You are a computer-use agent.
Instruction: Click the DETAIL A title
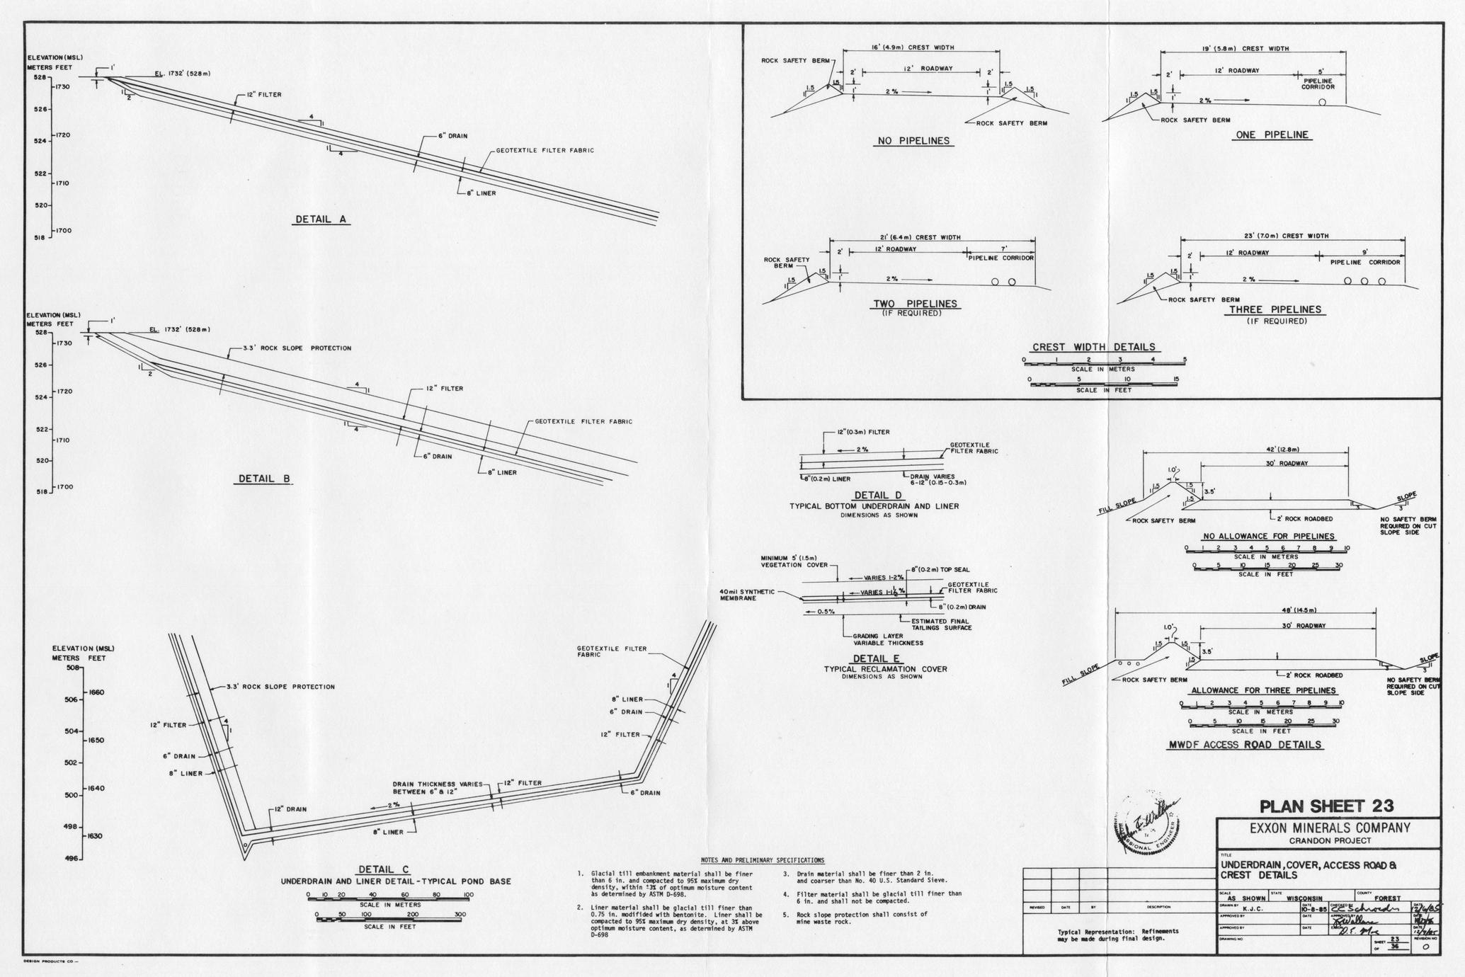pos(322,219)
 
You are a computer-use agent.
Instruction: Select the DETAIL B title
pos(264,479)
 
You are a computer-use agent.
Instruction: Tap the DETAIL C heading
pos(383,870)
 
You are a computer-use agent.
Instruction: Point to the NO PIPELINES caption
pos(913,141)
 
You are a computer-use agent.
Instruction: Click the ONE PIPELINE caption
pos(1272,135)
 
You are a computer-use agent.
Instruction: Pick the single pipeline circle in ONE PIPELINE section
pos(1322,103)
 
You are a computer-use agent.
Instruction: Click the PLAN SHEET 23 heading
pos(1327,806)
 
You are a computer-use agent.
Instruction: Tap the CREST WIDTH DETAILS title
pos(1093,347)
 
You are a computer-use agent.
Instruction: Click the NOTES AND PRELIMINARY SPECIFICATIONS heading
pos(762,860)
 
